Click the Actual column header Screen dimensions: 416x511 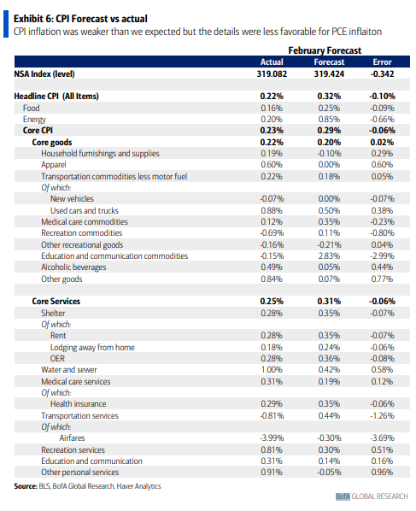point(272,62)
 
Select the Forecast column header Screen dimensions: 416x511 point(329,62)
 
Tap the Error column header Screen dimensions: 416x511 point(382,62)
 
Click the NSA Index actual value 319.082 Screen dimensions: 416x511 point(272,74)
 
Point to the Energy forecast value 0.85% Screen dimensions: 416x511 point(329,120)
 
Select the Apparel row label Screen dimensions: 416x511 point(54,165)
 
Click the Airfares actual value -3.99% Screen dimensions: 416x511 point(272,438)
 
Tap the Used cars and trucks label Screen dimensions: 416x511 point(84,210)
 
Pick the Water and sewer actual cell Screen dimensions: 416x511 point(272,369)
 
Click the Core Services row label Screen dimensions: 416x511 point(56,301)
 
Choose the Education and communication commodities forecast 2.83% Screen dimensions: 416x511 point(329,255)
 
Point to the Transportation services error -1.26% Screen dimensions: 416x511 point(382,415)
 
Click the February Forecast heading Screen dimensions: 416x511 point(325,50)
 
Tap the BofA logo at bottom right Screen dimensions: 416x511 point(343,496)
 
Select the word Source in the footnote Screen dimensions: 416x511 point(26,486)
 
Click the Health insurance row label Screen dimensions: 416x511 point(79,404)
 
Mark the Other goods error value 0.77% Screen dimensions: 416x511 point(382,279)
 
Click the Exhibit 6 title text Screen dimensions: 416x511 point(80,19)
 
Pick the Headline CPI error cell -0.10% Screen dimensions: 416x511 point(382,97)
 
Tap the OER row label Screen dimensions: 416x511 point(57,358)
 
